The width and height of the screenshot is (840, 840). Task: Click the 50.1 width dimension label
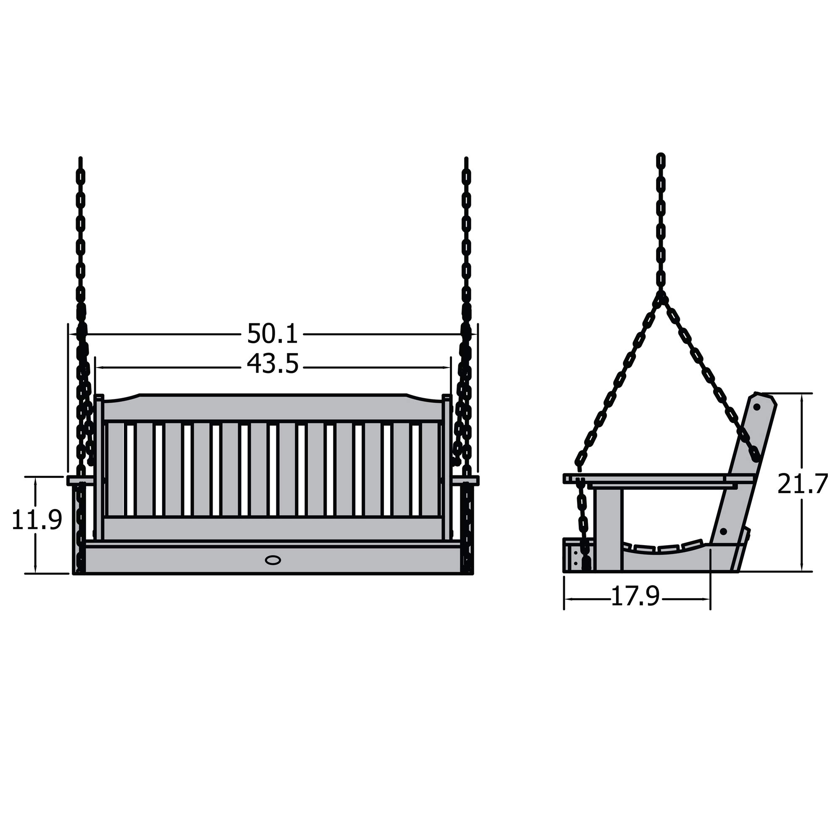(x=272, y=334)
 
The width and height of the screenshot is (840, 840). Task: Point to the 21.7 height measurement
(x=802, y=484)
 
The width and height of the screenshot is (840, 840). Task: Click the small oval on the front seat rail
(x=273, y=560)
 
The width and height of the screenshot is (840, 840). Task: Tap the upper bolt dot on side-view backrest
(x=756, y=407)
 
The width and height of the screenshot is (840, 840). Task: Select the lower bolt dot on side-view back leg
(x=724, y=532)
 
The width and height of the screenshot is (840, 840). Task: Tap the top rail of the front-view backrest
(x=273, y=408)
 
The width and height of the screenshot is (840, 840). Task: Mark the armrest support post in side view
(x=608, y=529)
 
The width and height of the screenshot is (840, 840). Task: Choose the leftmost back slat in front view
(x=115, y=469)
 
